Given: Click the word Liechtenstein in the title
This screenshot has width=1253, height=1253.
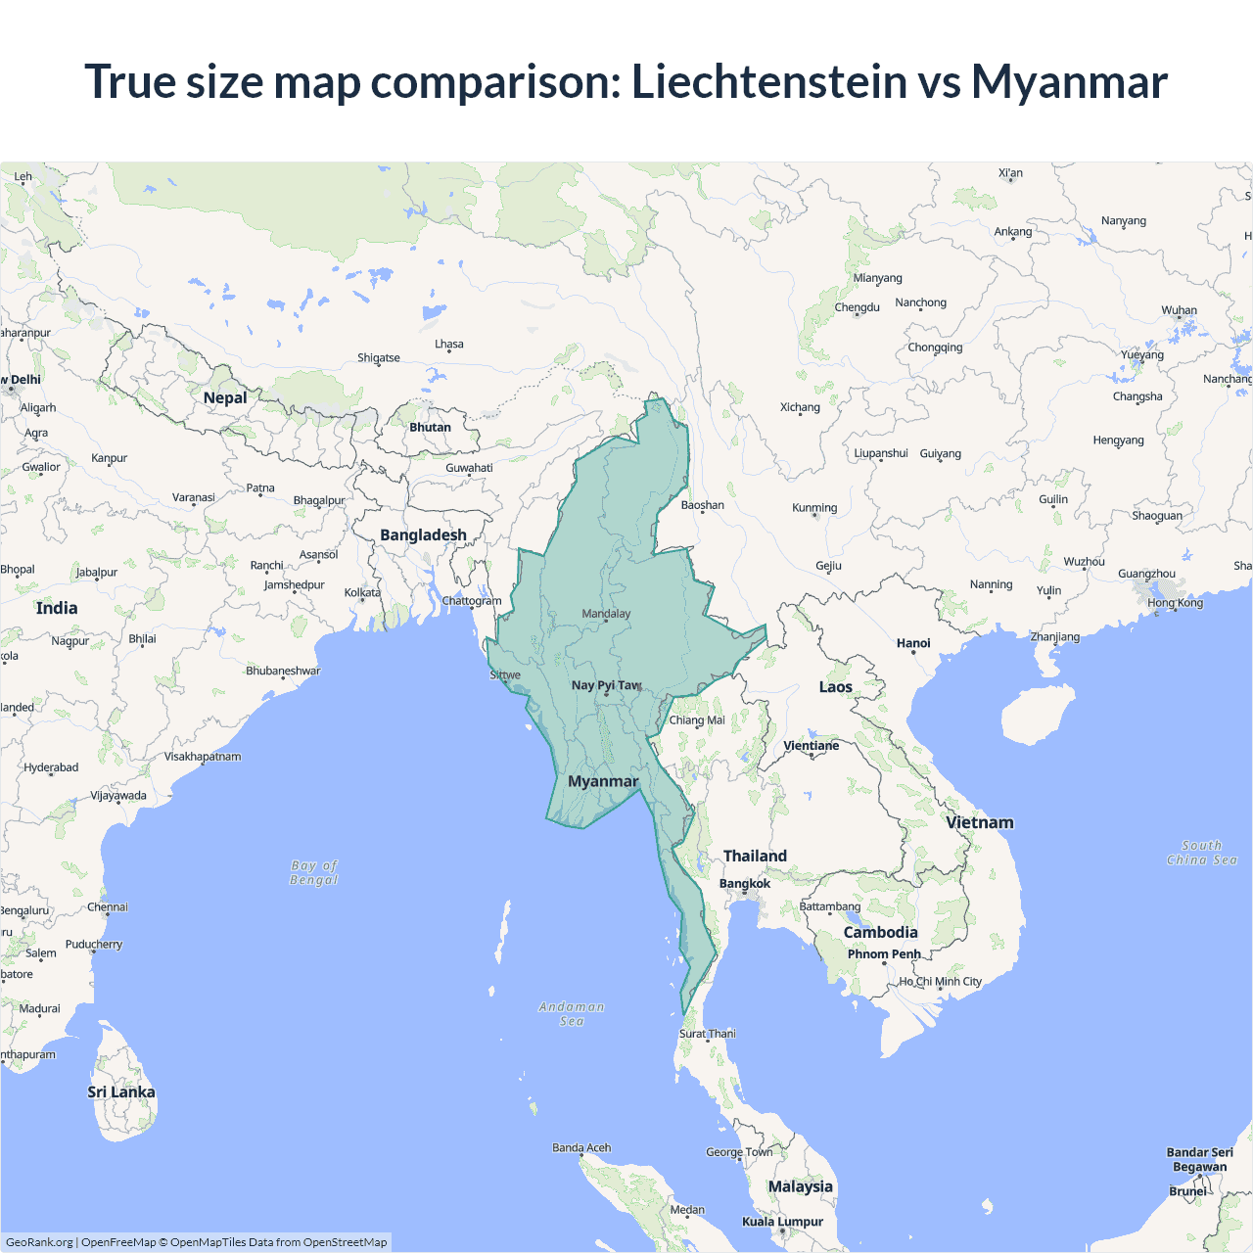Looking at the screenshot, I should pos(769,81).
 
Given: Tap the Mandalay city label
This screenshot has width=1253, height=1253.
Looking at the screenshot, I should pos(606,614).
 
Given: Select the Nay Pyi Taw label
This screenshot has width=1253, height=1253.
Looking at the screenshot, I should pos(606,685).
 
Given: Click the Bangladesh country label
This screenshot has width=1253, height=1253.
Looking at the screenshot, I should pos(423,535).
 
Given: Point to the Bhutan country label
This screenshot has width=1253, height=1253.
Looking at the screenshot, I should pos(430,427).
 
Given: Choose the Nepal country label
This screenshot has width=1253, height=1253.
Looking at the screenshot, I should pos(225,397).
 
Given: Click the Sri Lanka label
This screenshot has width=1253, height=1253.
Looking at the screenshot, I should pos(121,1092).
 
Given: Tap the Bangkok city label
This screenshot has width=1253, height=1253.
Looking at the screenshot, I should pos(745,883).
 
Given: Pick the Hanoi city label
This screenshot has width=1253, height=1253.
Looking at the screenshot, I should pos(913,643).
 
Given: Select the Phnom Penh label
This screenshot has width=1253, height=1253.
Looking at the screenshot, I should pos(884,954).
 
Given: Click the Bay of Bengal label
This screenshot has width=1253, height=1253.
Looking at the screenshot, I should pos(314,872).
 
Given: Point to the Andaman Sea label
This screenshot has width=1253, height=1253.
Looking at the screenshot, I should pos(572,1013).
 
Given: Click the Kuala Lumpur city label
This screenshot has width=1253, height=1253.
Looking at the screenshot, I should pos(782,1222).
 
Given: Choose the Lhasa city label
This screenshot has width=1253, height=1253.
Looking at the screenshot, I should pos(449,345).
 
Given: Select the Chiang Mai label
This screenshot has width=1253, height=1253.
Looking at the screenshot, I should pos(697,720).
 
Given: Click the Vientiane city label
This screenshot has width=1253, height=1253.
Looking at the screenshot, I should pos(812,746).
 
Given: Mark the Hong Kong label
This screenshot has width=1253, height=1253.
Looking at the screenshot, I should pos(1175,603).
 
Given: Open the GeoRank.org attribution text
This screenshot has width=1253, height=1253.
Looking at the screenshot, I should pos(39,1242).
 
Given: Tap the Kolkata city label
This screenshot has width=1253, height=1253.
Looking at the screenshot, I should pos(362,593).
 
